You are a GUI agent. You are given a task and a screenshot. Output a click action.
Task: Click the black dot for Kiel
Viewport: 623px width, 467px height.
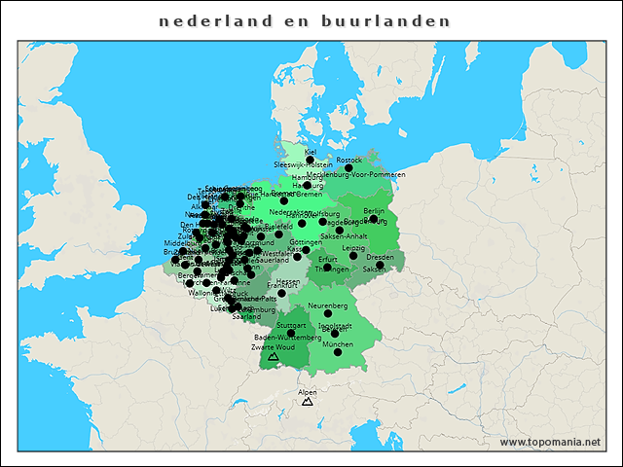point(311,160)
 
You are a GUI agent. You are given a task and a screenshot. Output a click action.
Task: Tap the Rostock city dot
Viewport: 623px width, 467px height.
point(348,167)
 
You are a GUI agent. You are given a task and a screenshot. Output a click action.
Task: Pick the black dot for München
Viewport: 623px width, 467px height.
point(338,352)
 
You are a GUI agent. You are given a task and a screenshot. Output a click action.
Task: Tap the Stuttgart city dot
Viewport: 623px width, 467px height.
point(291,333)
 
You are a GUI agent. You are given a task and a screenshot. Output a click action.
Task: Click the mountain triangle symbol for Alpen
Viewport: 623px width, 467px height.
point(308,401)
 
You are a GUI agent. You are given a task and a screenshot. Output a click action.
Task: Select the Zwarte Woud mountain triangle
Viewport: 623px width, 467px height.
point(273,357)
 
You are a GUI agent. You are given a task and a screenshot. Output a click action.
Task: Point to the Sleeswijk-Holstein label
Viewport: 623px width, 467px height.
point(303,166)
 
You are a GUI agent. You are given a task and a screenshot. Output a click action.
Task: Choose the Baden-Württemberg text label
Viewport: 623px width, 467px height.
point(280,337)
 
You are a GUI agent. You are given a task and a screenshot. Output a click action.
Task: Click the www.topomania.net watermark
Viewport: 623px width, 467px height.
point(549,442)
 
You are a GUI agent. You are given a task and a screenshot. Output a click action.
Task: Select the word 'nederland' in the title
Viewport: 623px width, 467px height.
point(204,20)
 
